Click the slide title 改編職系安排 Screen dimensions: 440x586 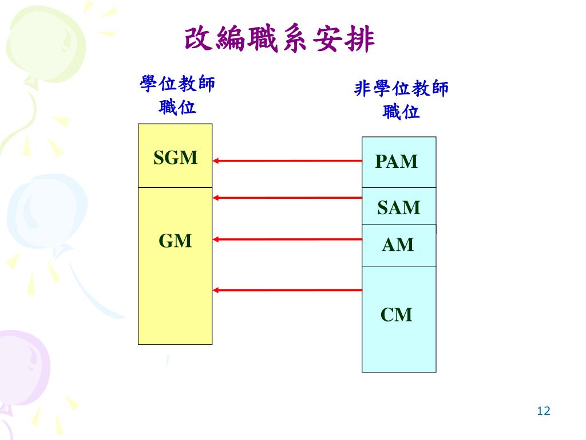[x=280, y=40]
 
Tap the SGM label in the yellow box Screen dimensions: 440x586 [x=175, y=158]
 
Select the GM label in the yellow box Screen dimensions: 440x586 [x=175, y=241]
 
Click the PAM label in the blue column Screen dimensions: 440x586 [x=397, y=162]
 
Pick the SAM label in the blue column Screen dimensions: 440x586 [x=398, y=207]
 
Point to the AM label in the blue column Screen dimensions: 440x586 [x=398, y=245]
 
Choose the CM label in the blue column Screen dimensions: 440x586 [x=397, y=315]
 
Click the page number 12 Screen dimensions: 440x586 [x=543, y=411]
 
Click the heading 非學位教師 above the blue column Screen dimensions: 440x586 [x=402, y=89]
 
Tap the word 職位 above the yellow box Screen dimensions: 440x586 [x=177, y=107]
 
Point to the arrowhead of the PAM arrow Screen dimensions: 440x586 [x=217, y=161]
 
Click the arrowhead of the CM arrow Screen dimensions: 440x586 [x=217, y=290]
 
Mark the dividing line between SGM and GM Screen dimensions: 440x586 [x=175, y=187]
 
